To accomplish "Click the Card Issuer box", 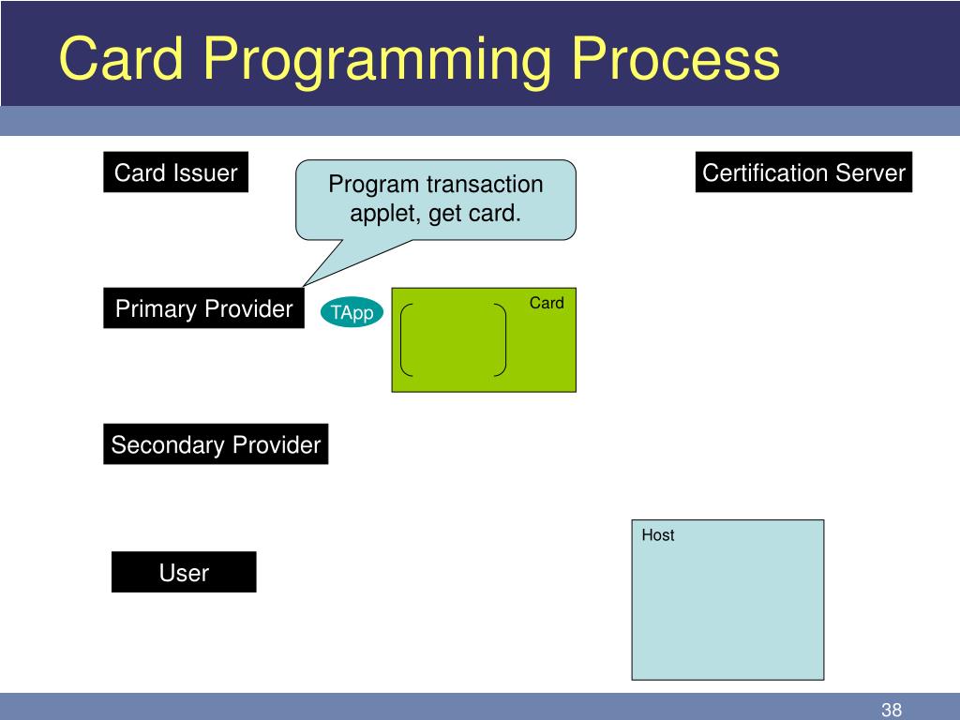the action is [x=175, y=172].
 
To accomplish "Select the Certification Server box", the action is [x=803, y=172].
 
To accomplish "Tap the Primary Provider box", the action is [x=203, y=307].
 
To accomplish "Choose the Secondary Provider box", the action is [x=216, y=443].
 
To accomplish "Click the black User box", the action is [x=184, y=572].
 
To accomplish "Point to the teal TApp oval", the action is [x=352, y=312].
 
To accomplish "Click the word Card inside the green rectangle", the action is [x=547, y=303].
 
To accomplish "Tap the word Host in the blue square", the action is [x=657, y=535].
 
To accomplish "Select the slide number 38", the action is [x=891, y=710].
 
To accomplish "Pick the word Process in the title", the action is [x=675, y=59].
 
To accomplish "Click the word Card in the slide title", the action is [x=121, y=58].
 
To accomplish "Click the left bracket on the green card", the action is [x=406, y=339].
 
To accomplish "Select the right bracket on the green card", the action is [x=501, y=339].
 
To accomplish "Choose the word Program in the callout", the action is [x=373, y=185].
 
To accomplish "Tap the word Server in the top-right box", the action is [x=870, y=172].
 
